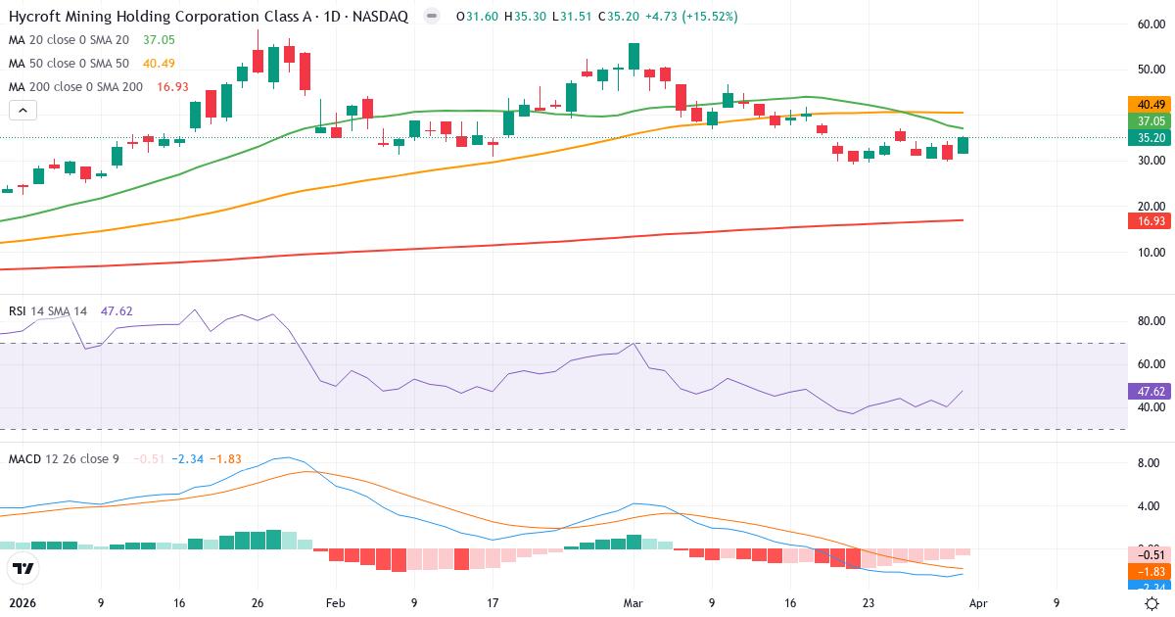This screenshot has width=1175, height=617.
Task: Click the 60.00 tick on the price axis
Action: pyautogui.click(x=1150, y=24)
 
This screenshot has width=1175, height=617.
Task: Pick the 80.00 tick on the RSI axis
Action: pyautogui.click(x=1150, y=321)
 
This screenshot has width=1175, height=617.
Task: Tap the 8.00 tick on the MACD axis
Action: pyautogui.click(x=1150, y=462)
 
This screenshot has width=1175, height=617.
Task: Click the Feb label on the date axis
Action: pyautogui.click(x=335, y=603)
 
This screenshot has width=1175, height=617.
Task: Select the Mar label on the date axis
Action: pyautogui.click(x=634, y=603)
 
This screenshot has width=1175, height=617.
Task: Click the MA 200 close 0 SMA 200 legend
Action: pyautogui.click(x=75, y=87)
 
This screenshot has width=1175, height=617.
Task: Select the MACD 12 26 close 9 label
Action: pyautogui.click(x=64, y=459)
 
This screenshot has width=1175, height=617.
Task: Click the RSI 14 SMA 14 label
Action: pyautogui.click(x=47, y=310)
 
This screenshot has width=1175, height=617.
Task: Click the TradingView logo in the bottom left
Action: pyautogui.click(x=23, y=568)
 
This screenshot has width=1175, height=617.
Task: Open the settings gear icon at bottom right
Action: pyautogui.click(x=1152, y=603)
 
